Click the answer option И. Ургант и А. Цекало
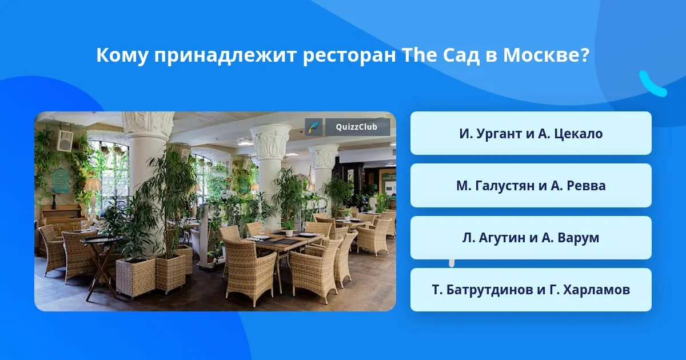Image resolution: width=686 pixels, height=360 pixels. click(x=531, y=133)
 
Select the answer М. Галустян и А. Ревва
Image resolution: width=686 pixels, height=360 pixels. click(x=531, y=186)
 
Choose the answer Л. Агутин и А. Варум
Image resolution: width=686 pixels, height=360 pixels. click(x=531, y=238)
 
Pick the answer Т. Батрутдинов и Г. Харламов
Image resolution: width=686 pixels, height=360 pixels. click(x=531, y=290)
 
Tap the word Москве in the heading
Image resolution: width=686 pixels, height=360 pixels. click(x=541, y=55)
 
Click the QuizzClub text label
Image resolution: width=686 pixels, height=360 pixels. click(x=357, y=127)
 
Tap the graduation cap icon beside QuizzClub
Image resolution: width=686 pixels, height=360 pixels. click(x=314, y=127)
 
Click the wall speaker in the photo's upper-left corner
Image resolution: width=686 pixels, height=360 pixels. click(x=65, y=141)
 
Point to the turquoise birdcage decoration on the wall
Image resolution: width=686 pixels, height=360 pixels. click(x=61, y=180)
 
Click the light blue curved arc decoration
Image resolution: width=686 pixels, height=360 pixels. click(x=651, y=85)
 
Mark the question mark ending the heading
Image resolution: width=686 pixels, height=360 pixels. click(x=585, y=55)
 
